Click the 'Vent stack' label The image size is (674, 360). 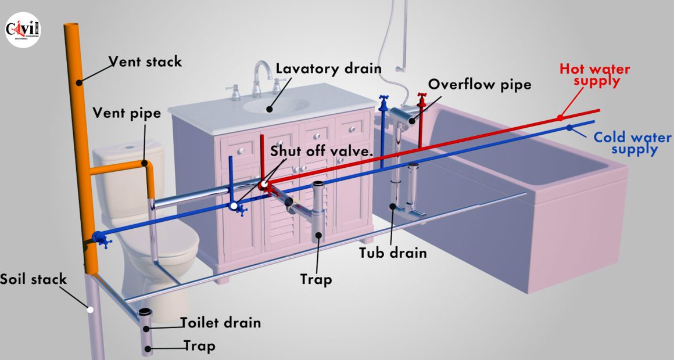point(145,62)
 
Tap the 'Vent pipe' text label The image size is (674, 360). point(127,113)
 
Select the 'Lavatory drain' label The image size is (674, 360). point(328,69)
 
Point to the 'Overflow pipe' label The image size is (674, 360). point(479,84)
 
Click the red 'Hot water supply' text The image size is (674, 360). point(595,75)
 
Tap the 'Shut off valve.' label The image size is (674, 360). point(321,151)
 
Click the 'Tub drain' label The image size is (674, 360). point(393,253)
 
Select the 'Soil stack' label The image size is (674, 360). point(34,279)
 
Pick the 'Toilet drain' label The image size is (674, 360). point(220,323)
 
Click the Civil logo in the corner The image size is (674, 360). point(23,30)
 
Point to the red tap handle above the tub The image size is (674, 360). point(422,99)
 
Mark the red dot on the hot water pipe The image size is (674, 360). point(560,118)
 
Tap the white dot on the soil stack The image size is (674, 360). point(90,309)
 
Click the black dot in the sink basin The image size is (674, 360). point(270,109)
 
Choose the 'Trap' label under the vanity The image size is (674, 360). point(316,279)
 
